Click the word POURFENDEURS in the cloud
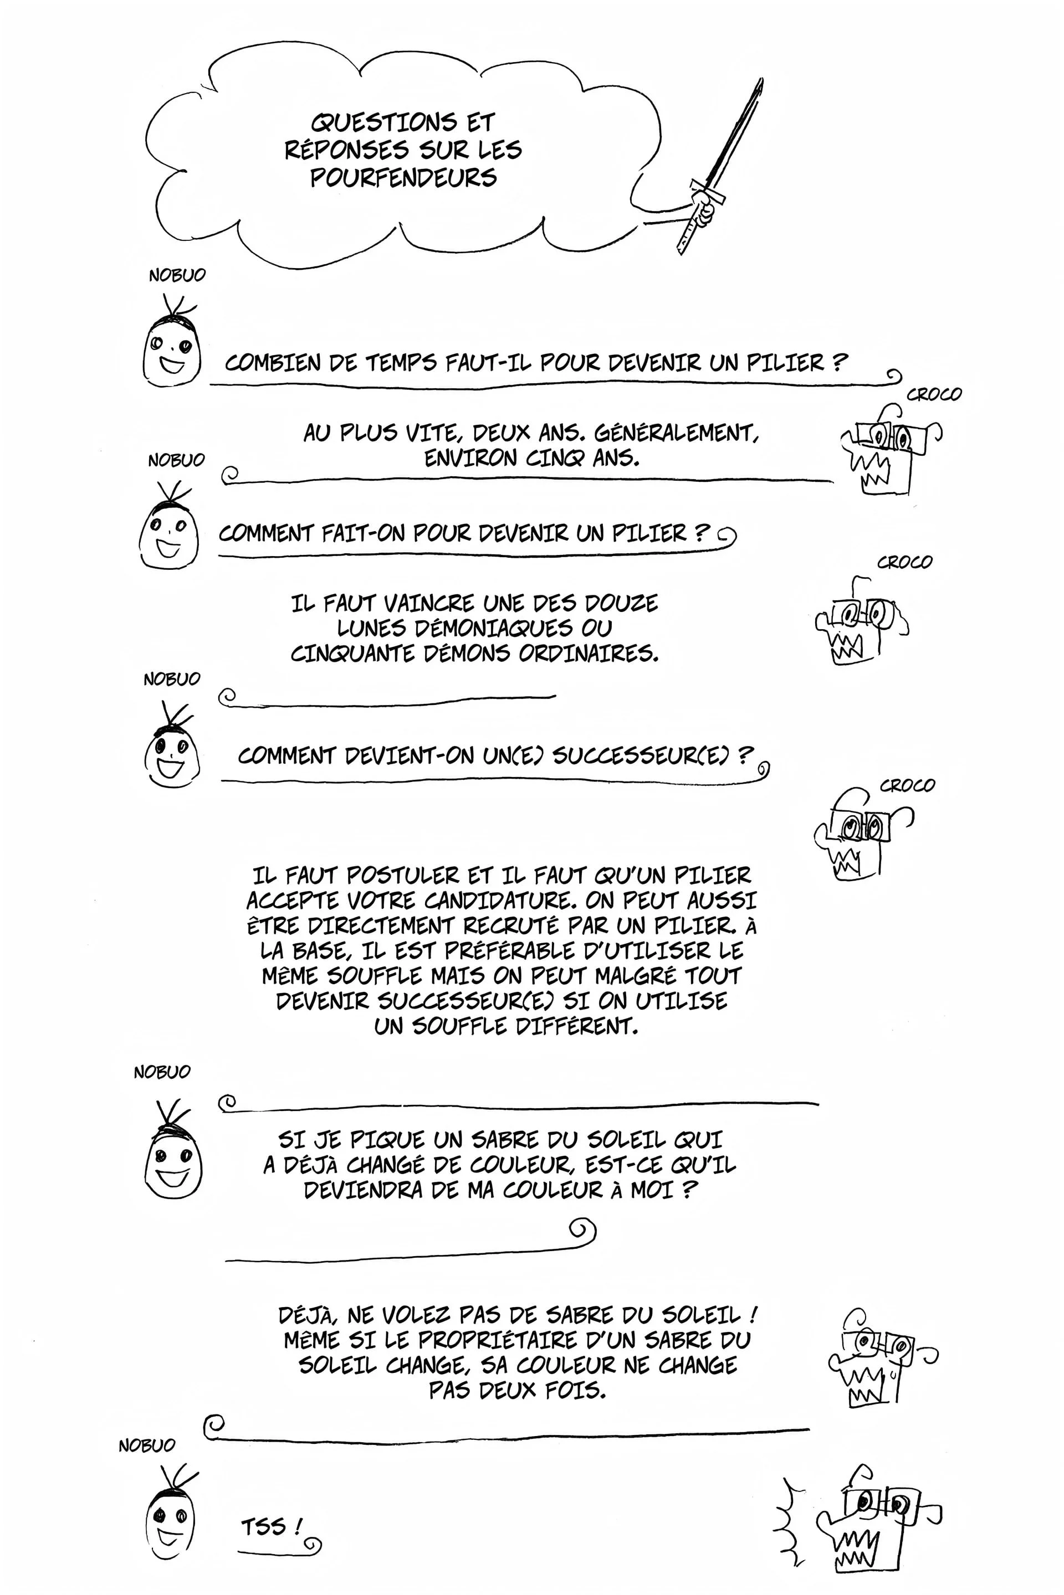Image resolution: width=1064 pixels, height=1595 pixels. [404, 178]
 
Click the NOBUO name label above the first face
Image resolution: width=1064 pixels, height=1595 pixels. [176, 275]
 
